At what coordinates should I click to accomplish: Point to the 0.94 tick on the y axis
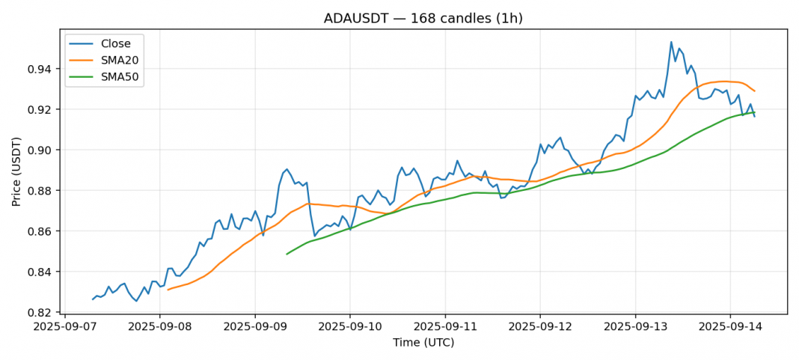pyautogui.click(x=41, y=69)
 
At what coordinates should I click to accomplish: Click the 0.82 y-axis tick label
pyautogui.click(x=41, y=312)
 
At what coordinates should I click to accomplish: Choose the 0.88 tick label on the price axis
pyautogui.click(x=41, y=191)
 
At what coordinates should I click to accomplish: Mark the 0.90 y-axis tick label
pyautogui.click(x=41, y=150)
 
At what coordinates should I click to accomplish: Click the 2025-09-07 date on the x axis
pyautogui.click(x=64, y=326)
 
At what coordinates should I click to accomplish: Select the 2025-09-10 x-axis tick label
pyautogui.click(x=350, y=326)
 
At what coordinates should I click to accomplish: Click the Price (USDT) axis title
pyautogui.click(x=16, y=171)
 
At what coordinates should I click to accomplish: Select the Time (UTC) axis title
pyautogui.click(x=423, y=343)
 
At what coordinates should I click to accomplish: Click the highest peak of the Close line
pyautogui.click(x=671, y=42)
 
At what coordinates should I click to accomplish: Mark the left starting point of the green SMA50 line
pyautogui.click(x=287, y=254)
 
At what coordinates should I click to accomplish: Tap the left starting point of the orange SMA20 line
pyautogui.click(x=168, y=289)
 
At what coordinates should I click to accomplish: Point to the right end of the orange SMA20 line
pyautogui.click(x=754, y=91)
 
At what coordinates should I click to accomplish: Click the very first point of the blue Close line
pyautogui.click(x=93, y=299)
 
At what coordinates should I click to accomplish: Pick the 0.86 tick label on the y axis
pyautogui.click(x=41, y=231)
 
